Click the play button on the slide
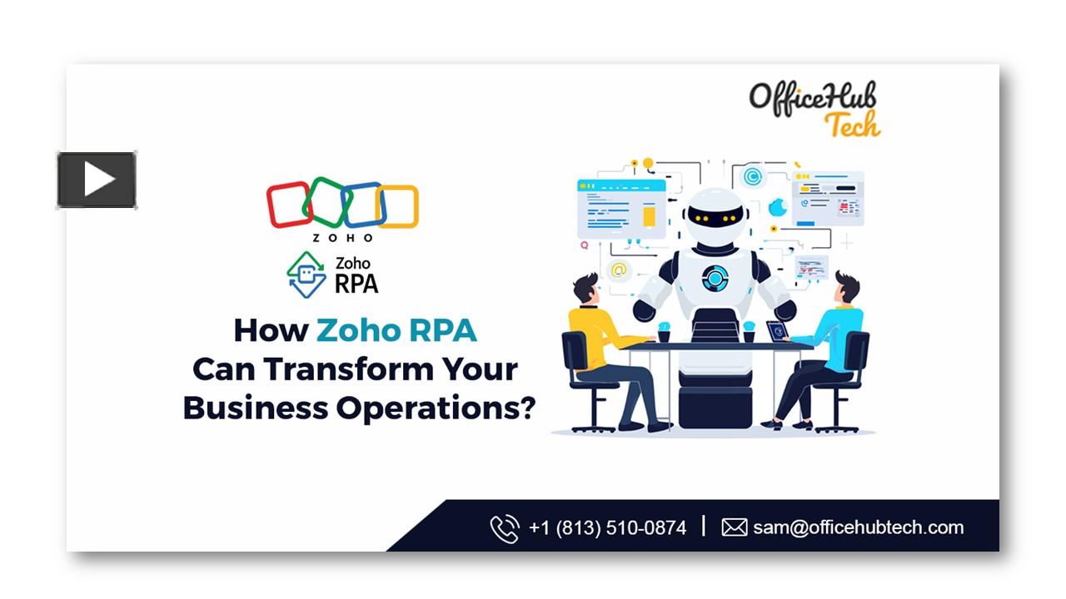point(97,180)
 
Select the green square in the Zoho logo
point(326,201)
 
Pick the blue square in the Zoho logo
point(363,205)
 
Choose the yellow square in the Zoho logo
point(397,206)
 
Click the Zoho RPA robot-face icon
point(306,275)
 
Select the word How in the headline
point(270,330)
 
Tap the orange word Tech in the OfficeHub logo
point(851,125)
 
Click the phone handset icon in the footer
point(504,528)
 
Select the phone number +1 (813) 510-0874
point(607,527)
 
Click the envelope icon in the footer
point(734,527)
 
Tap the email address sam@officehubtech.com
point(858,527)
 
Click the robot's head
point(714,215)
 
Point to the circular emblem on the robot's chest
point(715,278)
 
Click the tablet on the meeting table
point(776,330)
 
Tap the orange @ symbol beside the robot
point(618,270)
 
